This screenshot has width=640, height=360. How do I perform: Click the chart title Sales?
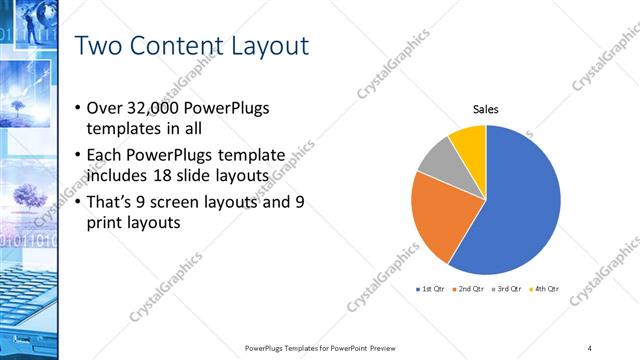click(486, 110)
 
